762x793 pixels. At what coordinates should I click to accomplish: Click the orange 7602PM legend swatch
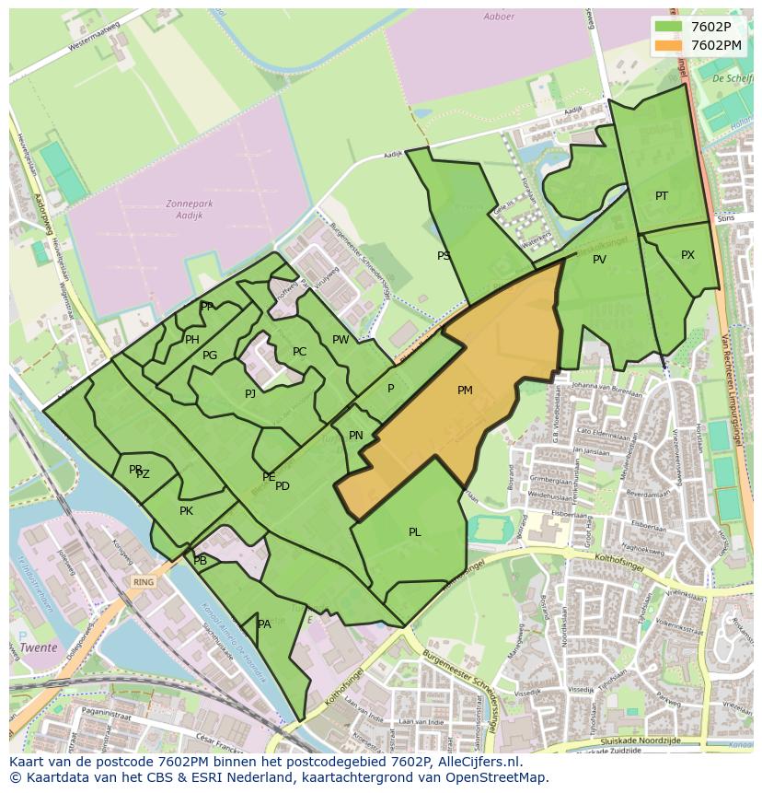click(669, 45)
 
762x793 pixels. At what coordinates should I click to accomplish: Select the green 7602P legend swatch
click(669, 27)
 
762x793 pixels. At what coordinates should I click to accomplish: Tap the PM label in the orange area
click(465, 391)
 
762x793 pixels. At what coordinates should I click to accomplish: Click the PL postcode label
click(415, 532)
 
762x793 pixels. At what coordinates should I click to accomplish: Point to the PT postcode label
click(662, 196)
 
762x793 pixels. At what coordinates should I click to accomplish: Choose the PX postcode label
click(687, 255)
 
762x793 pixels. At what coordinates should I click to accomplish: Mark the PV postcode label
click(599, 260)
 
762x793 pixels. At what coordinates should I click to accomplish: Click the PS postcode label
click(444, 256)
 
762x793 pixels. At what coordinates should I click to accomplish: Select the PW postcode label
click(341, 340)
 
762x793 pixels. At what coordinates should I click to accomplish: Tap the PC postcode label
click(299, 352)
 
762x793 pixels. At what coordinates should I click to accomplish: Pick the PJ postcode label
click(250, 394)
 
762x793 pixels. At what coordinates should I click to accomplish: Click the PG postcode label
click(210, 356)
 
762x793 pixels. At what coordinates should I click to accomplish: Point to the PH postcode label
click(191, 340)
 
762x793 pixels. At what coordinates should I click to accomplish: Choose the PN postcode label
click(356, 436)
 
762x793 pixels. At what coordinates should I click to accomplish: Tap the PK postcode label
click(186, 511)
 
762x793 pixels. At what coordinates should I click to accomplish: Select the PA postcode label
click(264, 624)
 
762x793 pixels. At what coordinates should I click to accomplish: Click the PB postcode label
click(201, 561)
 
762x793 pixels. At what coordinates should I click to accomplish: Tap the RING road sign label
click(143, 582)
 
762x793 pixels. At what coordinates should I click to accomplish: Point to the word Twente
click(39, 647)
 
